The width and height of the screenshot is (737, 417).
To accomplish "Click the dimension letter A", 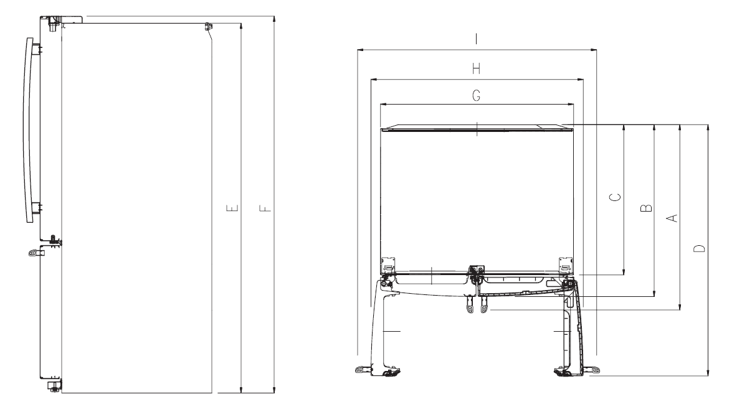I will tap(672, 217).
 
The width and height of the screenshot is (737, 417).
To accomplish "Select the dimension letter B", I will tap(646, 206).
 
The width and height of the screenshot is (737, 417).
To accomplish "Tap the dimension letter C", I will tap(615, 197).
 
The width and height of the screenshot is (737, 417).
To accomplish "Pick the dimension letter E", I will tap(232, 207).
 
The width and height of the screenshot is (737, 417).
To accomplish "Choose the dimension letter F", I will tap(265, 207).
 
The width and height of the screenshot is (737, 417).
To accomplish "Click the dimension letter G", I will tap(476, 95).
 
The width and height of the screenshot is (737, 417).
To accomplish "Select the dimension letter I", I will tap(476, 39).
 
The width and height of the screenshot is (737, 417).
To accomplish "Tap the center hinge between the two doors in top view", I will tap(477, 271).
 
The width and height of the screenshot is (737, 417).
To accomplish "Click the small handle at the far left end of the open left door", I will tap(360, 370).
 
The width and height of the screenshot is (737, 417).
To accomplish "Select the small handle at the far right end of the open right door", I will tap(595, 371).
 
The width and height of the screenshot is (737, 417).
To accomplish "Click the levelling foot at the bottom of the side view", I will tap(54, 387).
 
